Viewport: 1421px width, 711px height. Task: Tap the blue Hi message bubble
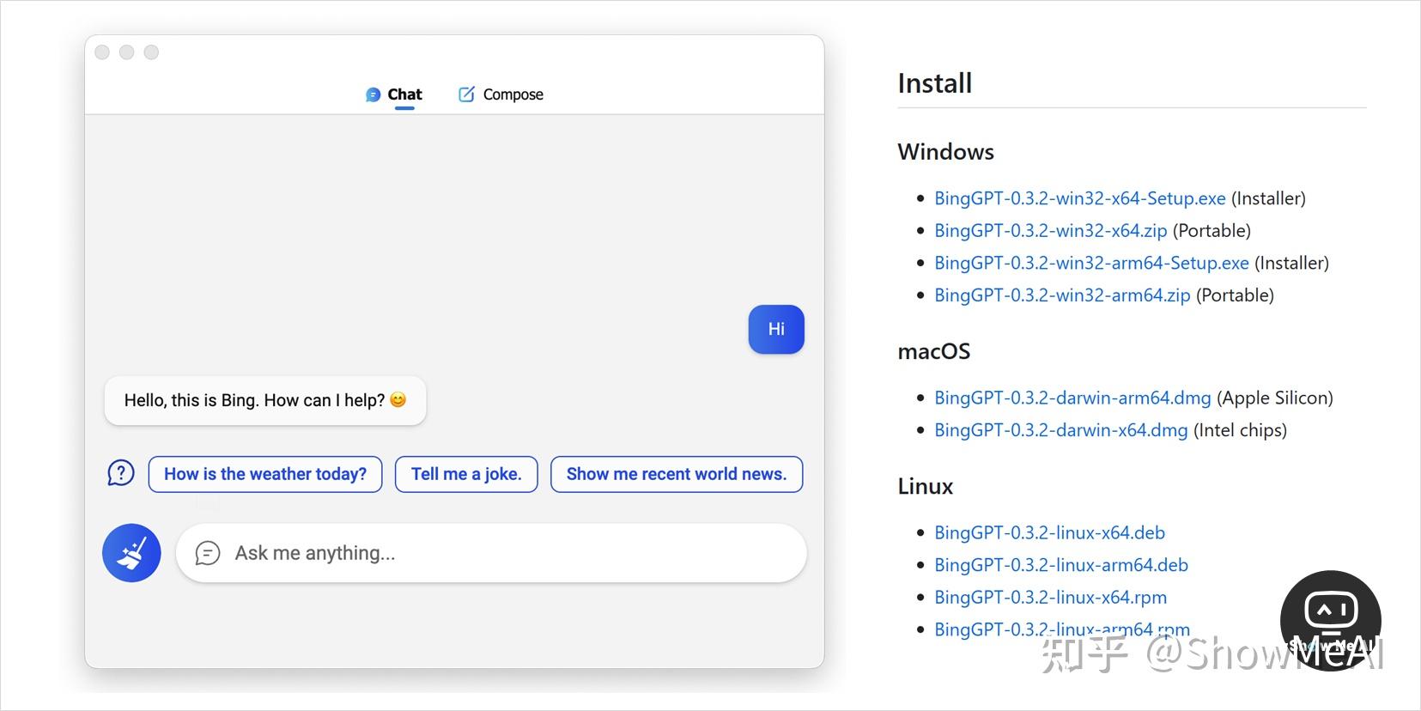776,329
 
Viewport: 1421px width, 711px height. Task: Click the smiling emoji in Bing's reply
398,400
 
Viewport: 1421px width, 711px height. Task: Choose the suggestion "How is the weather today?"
265,474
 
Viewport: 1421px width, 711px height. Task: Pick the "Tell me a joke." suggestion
466,474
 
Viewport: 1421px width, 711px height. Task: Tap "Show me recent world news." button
677,474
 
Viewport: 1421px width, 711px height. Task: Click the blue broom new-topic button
131,553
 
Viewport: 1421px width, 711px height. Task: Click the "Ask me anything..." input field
498,553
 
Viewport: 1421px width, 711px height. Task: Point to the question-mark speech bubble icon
121,473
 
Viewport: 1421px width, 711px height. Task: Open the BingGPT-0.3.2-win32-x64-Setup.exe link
1079,198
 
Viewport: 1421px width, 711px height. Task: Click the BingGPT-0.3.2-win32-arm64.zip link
1062,295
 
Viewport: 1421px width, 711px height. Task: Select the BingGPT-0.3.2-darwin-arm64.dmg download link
1072,398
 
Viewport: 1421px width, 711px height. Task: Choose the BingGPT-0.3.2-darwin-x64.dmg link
1060,430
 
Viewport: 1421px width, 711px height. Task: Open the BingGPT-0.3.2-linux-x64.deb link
1049,533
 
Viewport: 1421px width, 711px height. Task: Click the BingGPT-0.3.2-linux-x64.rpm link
1050,598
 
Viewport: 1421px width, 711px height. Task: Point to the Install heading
934,83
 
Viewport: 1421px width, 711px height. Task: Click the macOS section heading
933,351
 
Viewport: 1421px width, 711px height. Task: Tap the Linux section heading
925,486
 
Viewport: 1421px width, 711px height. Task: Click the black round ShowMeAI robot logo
1330,617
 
